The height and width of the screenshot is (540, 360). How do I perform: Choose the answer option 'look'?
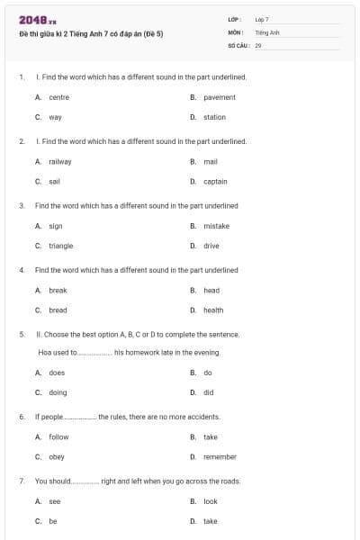[x=211, y=501]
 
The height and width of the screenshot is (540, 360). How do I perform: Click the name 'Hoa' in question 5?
[x=44, y=353]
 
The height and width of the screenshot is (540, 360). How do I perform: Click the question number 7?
[x=21, y=481]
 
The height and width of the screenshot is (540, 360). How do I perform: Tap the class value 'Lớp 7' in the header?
[x=262, y=19]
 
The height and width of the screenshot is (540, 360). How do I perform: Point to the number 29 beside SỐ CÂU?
[x=258, y=44]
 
